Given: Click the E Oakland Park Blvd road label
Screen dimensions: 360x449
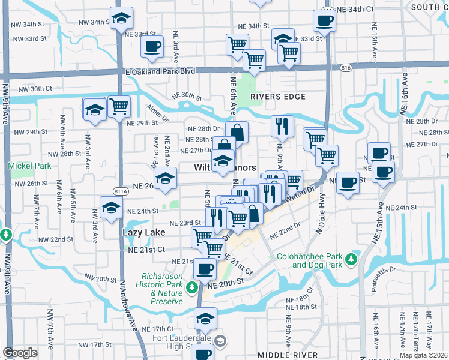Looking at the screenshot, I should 152,71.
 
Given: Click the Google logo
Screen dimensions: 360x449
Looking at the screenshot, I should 19,353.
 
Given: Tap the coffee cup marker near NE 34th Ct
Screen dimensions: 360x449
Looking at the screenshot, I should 324,21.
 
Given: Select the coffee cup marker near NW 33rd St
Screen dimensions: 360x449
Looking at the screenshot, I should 152,46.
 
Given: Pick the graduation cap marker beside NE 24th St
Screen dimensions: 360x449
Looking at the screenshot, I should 111,209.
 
